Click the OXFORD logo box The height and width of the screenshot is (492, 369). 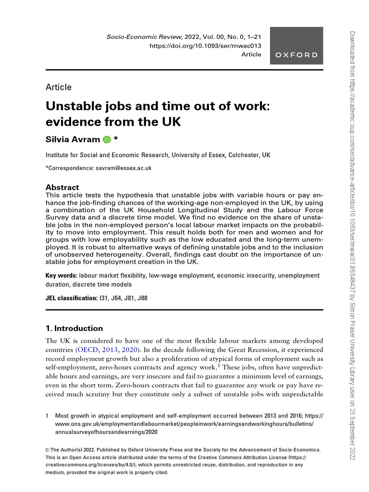(296, 46)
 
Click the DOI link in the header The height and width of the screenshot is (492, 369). (206, 45)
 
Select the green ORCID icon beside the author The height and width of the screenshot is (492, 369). (107, 140)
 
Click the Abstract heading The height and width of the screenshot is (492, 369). (62, 187)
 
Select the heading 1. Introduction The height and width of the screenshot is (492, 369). (74, 329)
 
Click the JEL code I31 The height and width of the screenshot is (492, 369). (103, 298)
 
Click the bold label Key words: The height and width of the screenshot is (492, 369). (61, 276)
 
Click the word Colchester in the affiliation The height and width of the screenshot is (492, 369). (242, 155)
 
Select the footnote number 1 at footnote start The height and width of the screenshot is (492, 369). (47, 415)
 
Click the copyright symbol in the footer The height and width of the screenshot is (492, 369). (48, 450)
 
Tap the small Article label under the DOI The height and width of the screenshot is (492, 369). (251, 54)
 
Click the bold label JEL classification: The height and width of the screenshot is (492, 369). (71, 298)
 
